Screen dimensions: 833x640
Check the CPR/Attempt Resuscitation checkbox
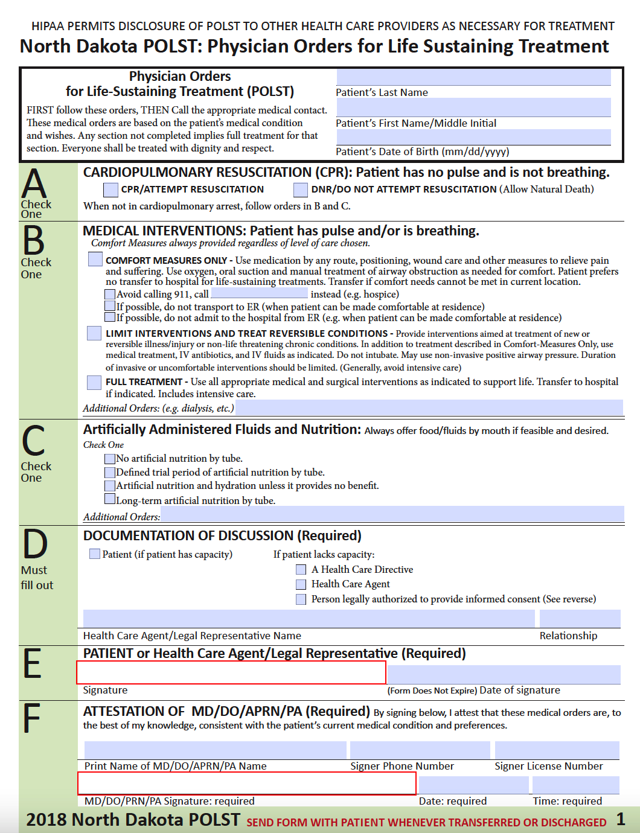(110, 190)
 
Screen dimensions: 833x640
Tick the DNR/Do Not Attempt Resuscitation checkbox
(301, 190)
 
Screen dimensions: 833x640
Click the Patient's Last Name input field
(473, 77)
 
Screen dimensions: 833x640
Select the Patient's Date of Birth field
(473, 137)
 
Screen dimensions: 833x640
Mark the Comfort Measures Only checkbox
(95, 259)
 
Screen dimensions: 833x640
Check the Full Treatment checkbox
(94, 382)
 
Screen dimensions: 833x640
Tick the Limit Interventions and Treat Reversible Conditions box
(94, 333)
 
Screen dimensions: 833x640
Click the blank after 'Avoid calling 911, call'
(259, 293)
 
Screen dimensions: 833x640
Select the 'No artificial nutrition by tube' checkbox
(110, 459)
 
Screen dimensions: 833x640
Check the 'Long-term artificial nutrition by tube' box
(110, 499)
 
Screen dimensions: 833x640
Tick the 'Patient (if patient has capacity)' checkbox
(95, 554)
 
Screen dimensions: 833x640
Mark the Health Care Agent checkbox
(301, 584)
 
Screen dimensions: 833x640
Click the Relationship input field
(580, 619)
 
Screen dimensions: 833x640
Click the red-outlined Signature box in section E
(231, 672)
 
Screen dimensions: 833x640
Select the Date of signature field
(504, 674)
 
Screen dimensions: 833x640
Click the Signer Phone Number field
(420, 750)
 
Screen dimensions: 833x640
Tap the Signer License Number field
(557, 750)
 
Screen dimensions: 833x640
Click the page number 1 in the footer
(621, 819)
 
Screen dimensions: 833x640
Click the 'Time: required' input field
(575, 785)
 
